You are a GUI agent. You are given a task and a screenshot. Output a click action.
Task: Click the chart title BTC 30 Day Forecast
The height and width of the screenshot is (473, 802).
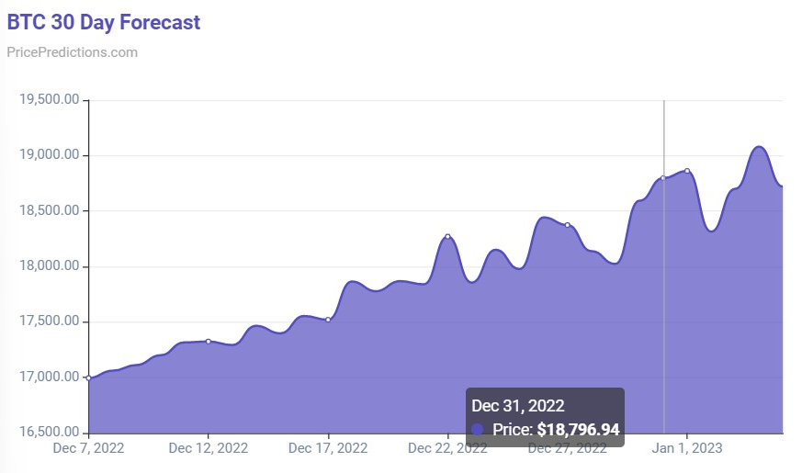(x=104, y=22)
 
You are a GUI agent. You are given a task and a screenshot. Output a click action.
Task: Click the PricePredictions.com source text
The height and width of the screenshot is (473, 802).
(x=72, y=52)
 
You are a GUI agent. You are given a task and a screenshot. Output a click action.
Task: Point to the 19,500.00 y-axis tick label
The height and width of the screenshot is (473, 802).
(x=48, y=100)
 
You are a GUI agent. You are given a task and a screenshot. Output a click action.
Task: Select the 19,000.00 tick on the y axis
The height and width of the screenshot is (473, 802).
(x=48, y=155)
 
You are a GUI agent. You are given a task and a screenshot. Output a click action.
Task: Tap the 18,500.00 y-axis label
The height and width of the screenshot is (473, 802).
(x=48, y=211)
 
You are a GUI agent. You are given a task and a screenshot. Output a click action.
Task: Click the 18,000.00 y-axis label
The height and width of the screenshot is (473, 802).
(x=48, y=266)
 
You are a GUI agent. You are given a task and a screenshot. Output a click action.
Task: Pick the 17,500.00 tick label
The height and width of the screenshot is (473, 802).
(x=48, y=321)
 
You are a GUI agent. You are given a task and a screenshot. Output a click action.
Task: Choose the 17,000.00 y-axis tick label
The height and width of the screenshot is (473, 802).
(x=48, y=377)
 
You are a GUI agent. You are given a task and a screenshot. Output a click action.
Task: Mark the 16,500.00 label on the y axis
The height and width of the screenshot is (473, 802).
(x=48, y=433)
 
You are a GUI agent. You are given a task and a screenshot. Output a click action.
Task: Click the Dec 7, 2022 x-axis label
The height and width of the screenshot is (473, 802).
(x=88, y=448)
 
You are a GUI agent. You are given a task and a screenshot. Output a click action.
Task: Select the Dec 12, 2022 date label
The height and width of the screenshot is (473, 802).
(x=209, y=448)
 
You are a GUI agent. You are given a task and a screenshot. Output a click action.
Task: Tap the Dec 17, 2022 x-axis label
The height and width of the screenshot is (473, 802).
(x=328, y=448)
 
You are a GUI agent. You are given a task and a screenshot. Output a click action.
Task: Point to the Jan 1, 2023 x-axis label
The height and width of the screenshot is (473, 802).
(x=687, y=448)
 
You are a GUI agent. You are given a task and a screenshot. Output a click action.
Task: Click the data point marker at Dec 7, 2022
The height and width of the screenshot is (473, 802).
(x=88, y=377)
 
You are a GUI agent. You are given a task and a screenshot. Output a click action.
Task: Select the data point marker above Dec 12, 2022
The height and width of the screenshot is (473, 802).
(x=209, y=342)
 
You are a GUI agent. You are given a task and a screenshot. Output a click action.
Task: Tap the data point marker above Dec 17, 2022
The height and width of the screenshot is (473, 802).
(x=328, y=320)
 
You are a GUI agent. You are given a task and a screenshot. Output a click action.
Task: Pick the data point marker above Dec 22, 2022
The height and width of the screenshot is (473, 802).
(x=448, y=236)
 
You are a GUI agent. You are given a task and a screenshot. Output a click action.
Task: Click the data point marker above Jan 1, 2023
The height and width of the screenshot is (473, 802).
(x=687, y=171)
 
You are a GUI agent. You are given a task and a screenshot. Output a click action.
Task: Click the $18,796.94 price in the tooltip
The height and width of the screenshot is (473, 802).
(x=578, y=429)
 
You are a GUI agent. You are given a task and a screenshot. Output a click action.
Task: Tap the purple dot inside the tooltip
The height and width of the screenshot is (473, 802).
(x=477, y=429)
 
